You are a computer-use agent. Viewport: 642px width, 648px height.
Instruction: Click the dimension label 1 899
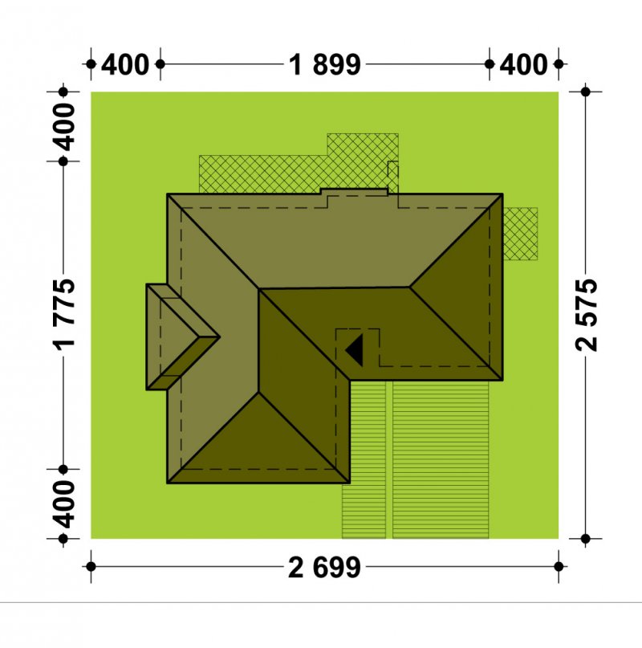click(x=325, y=65)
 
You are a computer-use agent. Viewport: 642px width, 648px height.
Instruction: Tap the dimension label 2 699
click(x=324, y=568)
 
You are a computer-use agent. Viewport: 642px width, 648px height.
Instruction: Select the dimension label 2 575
click(x=587, y=315)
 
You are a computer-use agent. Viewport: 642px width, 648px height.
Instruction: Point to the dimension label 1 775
click(x=65, y=315)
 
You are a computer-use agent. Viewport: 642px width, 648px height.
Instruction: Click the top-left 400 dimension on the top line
click(x=124, y=65)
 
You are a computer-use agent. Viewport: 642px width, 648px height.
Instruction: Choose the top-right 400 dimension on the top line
click(x=523, y=65)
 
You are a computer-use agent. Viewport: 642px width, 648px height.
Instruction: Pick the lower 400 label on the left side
click(x=65, y=503)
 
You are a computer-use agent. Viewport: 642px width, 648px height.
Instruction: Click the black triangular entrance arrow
click(x=355, y=350)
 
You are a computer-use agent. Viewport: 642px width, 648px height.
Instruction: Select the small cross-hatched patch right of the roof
click(x=521, y=234)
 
